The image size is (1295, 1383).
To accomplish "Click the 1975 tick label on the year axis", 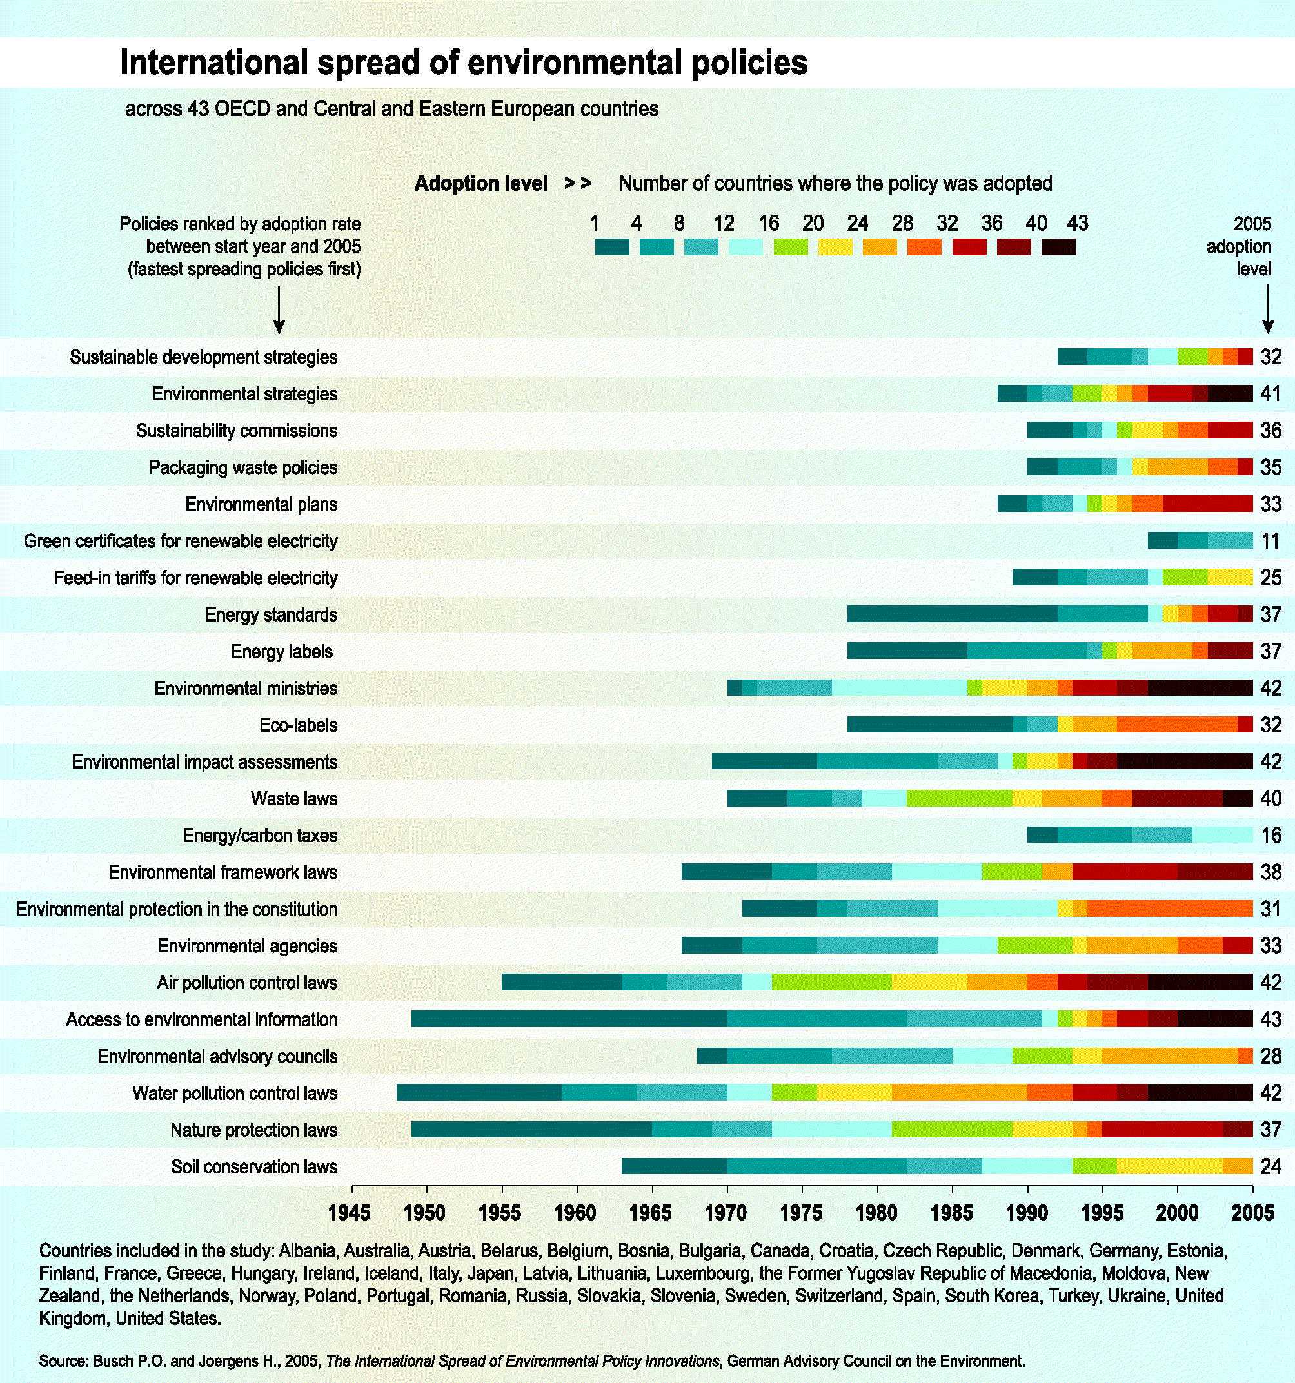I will tap(801, 1213).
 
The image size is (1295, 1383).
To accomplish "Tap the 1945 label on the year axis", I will tap(350, 1213).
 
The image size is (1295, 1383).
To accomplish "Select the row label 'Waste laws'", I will tap(293, 799).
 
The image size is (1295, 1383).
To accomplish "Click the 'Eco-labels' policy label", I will tap(298, 725).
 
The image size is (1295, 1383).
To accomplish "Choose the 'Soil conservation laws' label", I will tap(254, 1166).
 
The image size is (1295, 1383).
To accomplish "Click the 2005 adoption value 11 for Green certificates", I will tap(1270, 541).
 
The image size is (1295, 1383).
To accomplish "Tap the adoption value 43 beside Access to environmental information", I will tap(1270, 1019).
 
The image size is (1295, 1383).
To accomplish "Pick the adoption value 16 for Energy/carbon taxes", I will tap(1270, 836).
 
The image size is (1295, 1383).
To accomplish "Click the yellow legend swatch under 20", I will tap(835, 247).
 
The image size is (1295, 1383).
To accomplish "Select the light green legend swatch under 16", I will tap(791, 247).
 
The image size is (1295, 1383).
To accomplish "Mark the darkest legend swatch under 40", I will tap(1058, 247).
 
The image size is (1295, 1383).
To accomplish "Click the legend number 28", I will tap(902, 223).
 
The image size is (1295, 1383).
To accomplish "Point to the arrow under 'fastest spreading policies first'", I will tap(279, 310).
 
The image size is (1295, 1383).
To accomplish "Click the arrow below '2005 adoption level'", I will tap(1268, 310).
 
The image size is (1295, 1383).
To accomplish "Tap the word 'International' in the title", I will tap(213, 63).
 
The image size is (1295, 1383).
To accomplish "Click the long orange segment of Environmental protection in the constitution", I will tap(1169, 909).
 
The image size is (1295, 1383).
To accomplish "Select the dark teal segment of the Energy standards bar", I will tap(952, 614).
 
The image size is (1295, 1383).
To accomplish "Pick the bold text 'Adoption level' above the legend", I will tap(481, 184).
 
